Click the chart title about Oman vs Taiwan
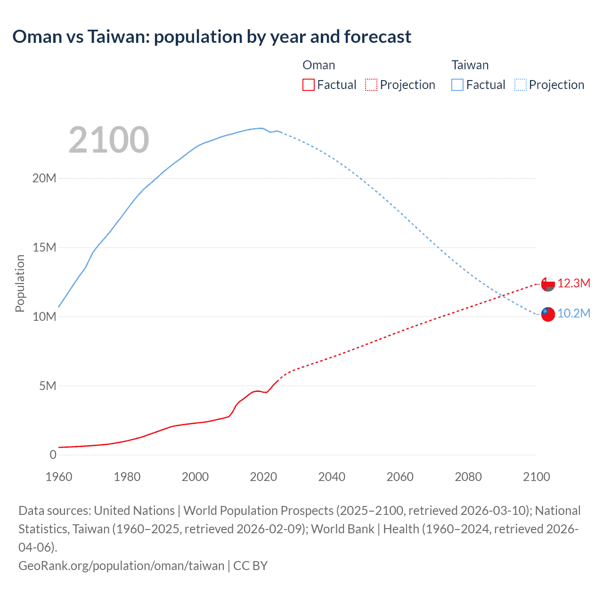212,36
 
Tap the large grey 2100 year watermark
109,140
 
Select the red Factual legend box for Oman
308,85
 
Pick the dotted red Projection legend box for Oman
371,85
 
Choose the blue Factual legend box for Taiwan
457,85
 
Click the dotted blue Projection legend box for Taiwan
520,85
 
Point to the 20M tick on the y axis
44,179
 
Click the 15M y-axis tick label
44,248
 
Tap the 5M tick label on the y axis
48,386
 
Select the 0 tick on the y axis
53,455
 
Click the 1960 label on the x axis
59,477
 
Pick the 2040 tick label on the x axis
332,477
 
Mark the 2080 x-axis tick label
468,477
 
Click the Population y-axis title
20,283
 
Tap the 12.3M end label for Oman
573,283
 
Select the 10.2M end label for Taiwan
573,314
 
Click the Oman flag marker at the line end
548,284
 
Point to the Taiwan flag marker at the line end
548,314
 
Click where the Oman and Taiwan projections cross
503,296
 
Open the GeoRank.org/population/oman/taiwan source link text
121,566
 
